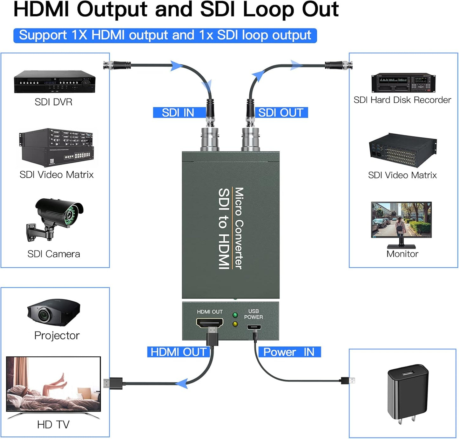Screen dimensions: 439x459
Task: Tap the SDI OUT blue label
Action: pyautogui.click(x=281, y=113)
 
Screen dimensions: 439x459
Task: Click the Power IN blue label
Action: pyautogui.click(x=289, y=352)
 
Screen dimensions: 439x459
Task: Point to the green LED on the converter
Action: pyautogui.click(x=235, y=315)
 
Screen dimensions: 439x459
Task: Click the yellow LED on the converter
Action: pyautogui.click(x=235, y=324)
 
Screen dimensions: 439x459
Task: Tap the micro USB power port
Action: pyautogui.click(x=254, y=327)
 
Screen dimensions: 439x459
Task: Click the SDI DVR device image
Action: pyautogui.click(x=55, y=82)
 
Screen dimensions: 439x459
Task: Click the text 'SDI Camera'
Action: pyautogui.click(x=54, y=254)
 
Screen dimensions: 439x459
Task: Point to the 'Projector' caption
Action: pyautogui.click(x=57, y=336)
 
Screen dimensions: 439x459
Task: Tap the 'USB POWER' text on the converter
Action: pyautogui.click(x=253, y=314)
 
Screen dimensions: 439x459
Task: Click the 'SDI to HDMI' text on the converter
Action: pyautogui.click(x=224, y=229)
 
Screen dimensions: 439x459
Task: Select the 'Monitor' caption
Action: pyautogui.click(x=402, y=254)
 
